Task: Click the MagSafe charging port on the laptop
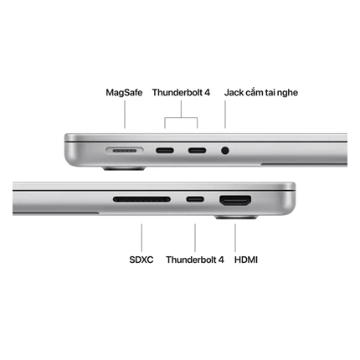(125, 151)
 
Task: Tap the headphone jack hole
(225, 151)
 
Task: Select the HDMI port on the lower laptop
(235, 201)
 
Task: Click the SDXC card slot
(141, 199)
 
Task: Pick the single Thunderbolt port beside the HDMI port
(195, 199)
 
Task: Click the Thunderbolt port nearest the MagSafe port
(165, 151)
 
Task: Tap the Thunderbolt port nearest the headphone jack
(197, 151)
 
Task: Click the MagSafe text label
(124, 92)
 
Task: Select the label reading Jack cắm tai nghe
(261, 92)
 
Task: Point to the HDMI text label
(246, 260)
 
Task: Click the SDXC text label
(141, 260)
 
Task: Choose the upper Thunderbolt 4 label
(181, 92)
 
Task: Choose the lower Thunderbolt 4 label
(195, 260)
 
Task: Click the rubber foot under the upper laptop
(124, 168)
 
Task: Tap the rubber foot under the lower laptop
(236, 217)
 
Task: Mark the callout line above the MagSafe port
(125, 115)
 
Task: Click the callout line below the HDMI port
(235, 238)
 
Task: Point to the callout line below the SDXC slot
(141, 238)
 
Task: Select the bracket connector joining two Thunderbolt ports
(181, 118)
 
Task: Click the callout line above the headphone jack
(225, 115)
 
